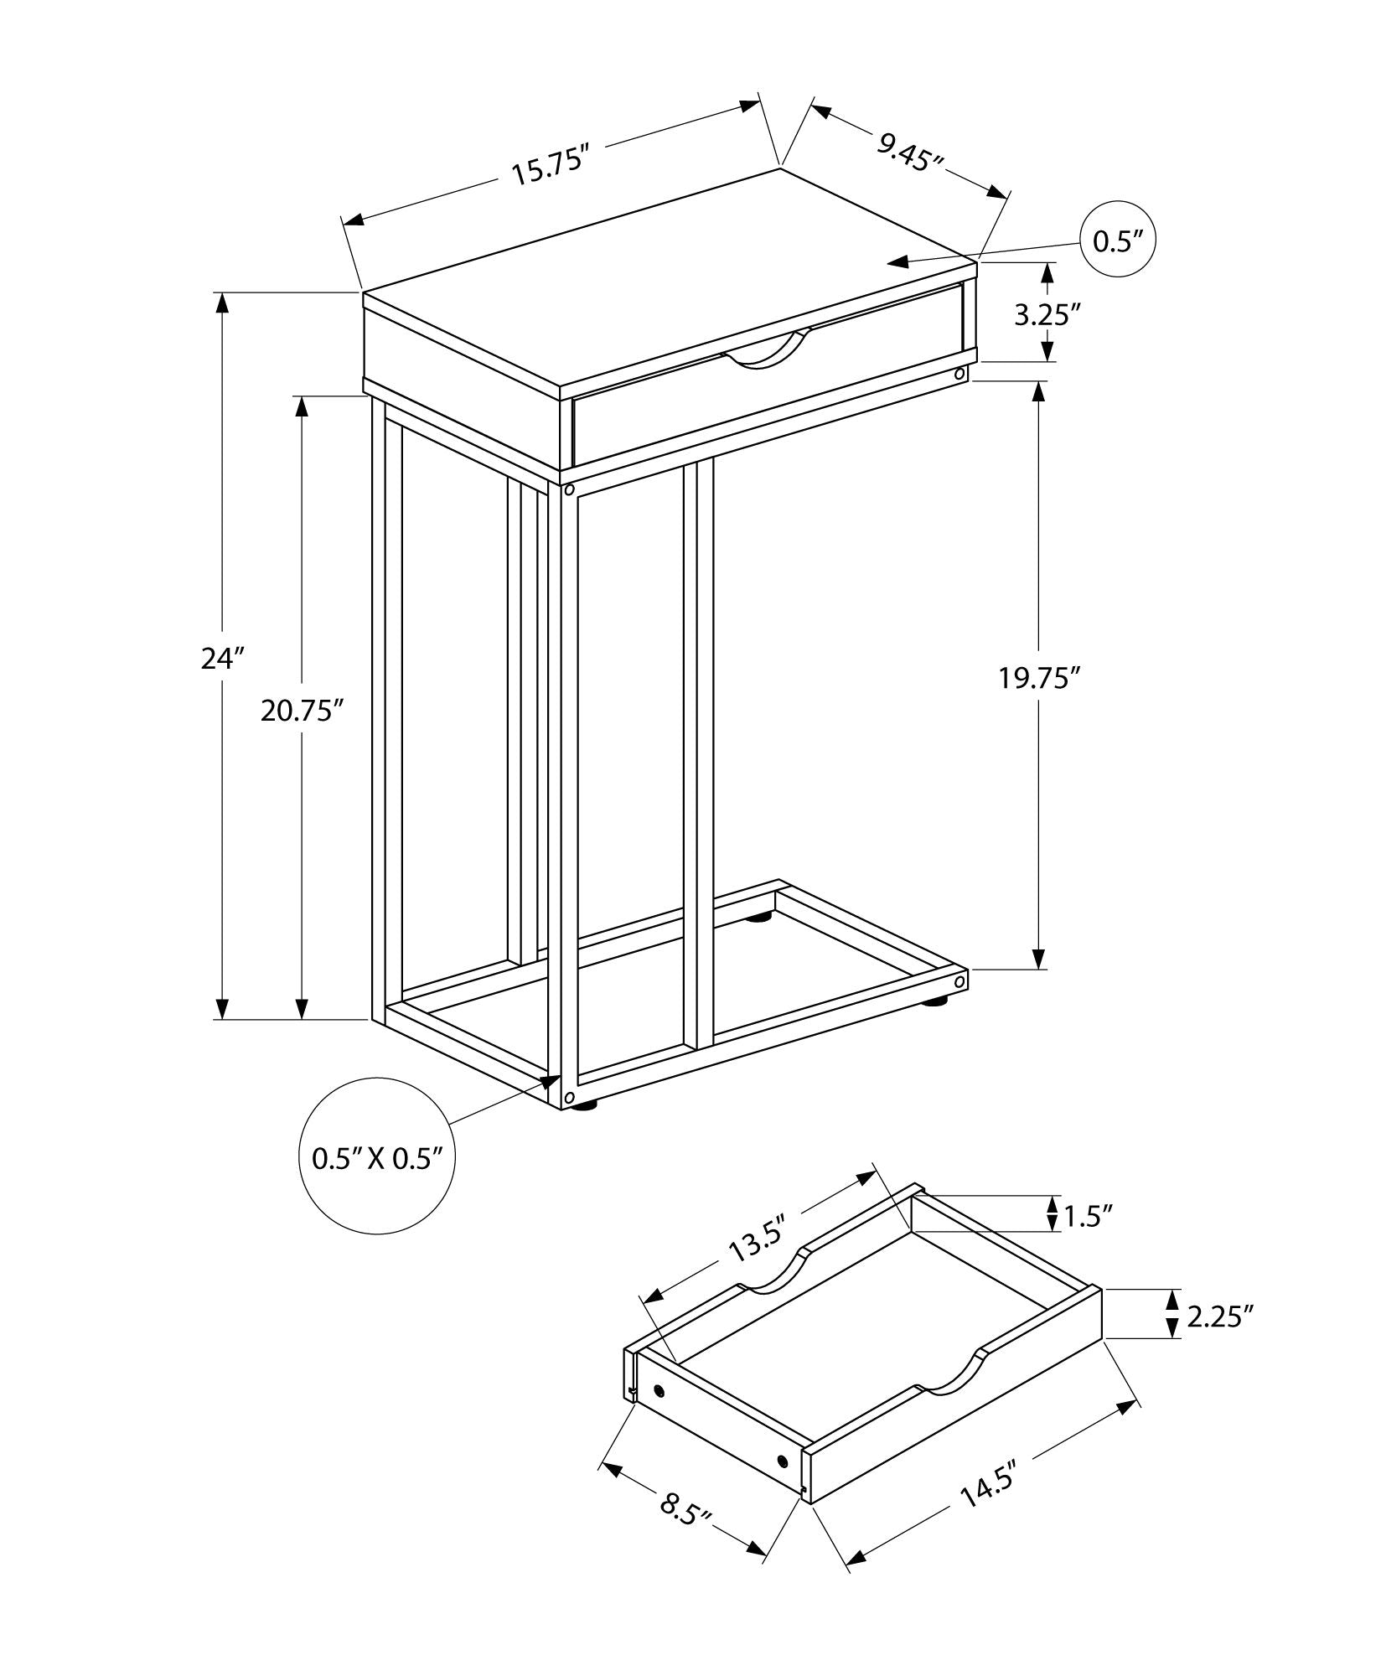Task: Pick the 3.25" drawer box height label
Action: coord(1044,315)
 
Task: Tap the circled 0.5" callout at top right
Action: coord(1118,241)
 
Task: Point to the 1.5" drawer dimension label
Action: coord(1089,1216)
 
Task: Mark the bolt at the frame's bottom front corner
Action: coord(569,1098)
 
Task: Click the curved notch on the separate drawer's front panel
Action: coord(951,1383)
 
